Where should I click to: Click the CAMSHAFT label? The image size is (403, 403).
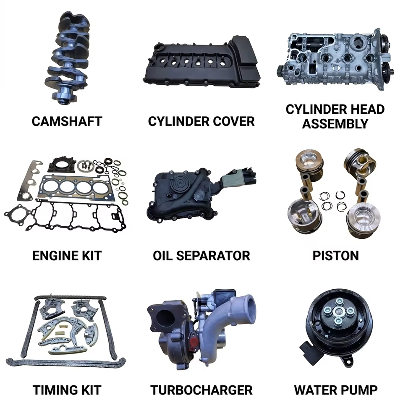(67, 121)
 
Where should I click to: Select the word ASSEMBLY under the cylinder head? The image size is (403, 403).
(335, 123)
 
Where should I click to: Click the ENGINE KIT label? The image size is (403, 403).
(67, 256)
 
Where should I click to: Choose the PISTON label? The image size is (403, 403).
(335, 256)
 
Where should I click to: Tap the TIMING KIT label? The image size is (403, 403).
(67, 390)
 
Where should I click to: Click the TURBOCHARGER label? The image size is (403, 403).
(201, 390)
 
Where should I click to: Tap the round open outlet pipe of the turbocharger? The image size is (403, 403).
(248, 307)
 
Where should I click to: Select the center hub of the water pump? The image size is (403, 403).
(338, 312)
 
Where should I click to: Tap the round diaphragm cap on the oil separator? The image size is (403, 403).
(178, 184)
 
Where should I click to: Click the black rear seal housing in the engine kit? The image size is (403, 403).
(62, 165)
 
